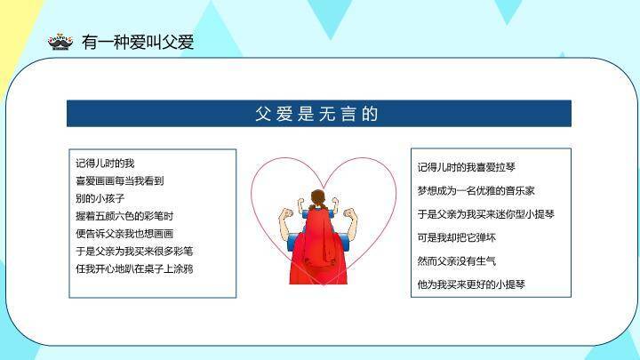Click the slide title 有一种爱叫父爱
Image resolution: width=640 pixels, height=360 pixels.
(x=137, y=42)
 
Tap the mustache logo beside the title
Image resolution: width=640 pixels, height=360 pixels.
(x=60, y=42)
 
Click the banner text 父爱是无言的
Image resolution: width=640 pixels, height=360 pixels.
(x=317, y=114)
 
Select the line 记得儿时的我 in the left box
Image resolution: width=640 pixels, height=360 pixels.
(x=105, y=164)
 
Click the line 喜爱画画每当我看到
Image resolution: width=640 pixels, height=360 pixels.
(x=119, y=180)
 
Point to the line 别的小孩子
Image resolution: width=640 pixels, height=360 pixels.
(x=100, y=198)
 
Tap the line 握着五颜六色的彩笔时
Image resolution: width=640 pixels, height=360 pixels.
(x=124, y=216)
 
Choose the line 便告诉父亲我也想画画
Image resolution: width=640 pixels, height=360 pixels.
(x=124, y=233)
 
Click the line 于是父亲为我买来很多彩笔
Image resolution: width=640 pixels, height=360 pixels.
(x=134, y=251)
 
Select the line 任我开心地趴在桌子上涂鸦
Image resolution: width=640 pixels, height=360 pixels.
(x=134, y=268)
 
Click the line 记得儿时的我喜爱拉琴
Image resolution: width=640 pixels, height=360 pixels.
(x=467, y=167)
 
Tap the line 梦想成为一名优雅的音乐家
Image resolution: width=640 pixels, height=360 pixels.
(x=476, y=190)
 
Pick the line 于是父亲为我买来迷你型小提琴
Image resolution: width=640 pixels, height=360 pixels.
(x=485, y=214)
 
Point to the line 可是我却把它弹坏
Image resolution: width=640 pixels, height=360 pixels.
(x=457, y=237)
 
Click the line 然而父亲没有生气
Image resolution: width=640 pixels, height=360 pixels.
(x=457, y=261)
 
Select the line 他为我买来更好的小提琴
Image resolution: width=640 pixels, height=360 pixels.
(x=471, y=284)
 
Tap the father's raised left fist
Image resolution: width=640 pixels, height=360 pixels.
(x=285, y=214)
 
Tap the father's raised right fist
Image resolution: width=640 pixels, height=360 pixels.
(x=349, y=214)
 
